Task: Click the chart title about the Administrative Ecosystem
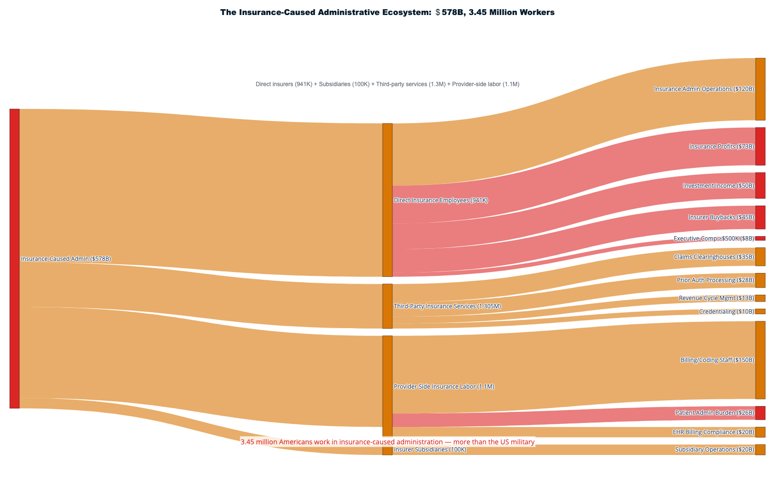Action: pyautogui.click(x=387, y=13)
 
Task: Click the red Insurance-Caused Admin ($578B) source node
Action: pyautogui.click(x=15, y=258)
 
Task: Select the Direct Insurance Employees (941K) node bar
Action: pyautogui.click(x=387, y=200)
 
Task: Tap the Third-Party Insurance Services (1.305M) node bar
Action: pyautogui.click(x=387, y=306)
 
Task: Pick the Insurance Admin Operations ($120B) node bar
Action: pyautogui.click(x=760, y=89)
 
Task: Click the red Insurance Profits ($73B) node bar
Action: pyautogui.click(x=760, y=146)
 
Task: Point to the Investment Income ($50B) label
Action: pyautogui.click(x=718, y=186)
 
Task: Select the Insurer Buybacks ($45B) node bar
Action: pyautogui.click(x=760, y=217)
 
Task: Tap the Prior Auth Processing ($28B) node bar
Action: pyautogui.click(x=760, y=280)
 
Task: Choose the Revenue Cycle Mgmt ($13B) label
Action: pyautogui.click(x=716, y=298)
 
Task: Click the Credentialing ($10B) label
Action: pyautogui.click(x=726, y=312)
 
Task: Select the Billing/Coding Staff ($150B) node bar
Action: pyautogui.click(x=760, y=360)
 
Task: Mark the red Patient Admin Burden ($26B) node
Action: pyautogui.click(x=760, y=413)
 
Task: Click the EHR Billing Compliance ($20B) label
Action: pyautogui.click(x=713, y=432)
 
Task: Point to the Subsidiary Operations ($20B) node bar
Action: pyautogui.click(x=760, y=450)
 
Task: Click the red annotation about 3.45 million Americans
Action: pyautogui.click(x=387, y=442)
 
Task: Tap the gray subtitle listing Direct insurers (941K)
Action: pyautogui.click(x=387, y=84)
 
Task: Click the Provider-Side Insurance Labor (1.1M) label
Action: pyautogui.click(x=444, y=387)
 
